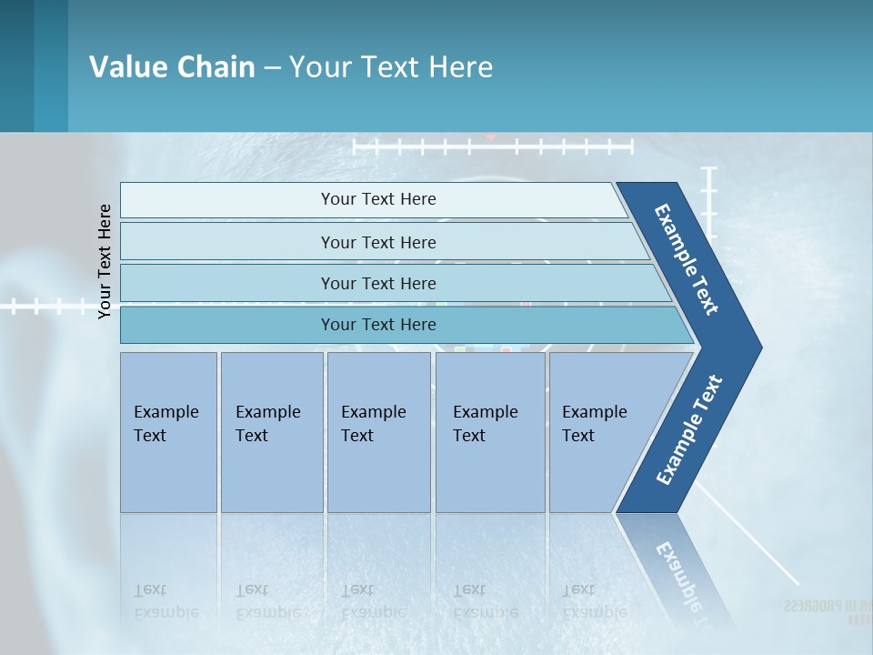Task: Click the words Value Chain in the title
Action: pos(172,66)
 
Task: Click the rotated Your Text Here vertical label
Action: pos(105,262)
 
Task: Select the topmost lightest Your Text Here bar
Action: pos(378,199)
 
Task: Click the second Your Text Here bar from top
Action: pos(378,242)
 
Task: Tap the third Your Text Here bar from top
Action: pos(378,283)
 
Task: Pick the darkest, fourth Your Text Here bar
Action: pos(378,325)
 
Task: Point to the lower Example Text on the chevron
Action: pos(689,430)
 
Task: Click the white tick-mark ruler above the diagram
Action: pos(492,146)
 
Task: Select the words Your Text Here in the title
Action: pos(391,66)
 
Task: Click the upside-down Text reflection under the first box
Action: pos(151,589)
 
